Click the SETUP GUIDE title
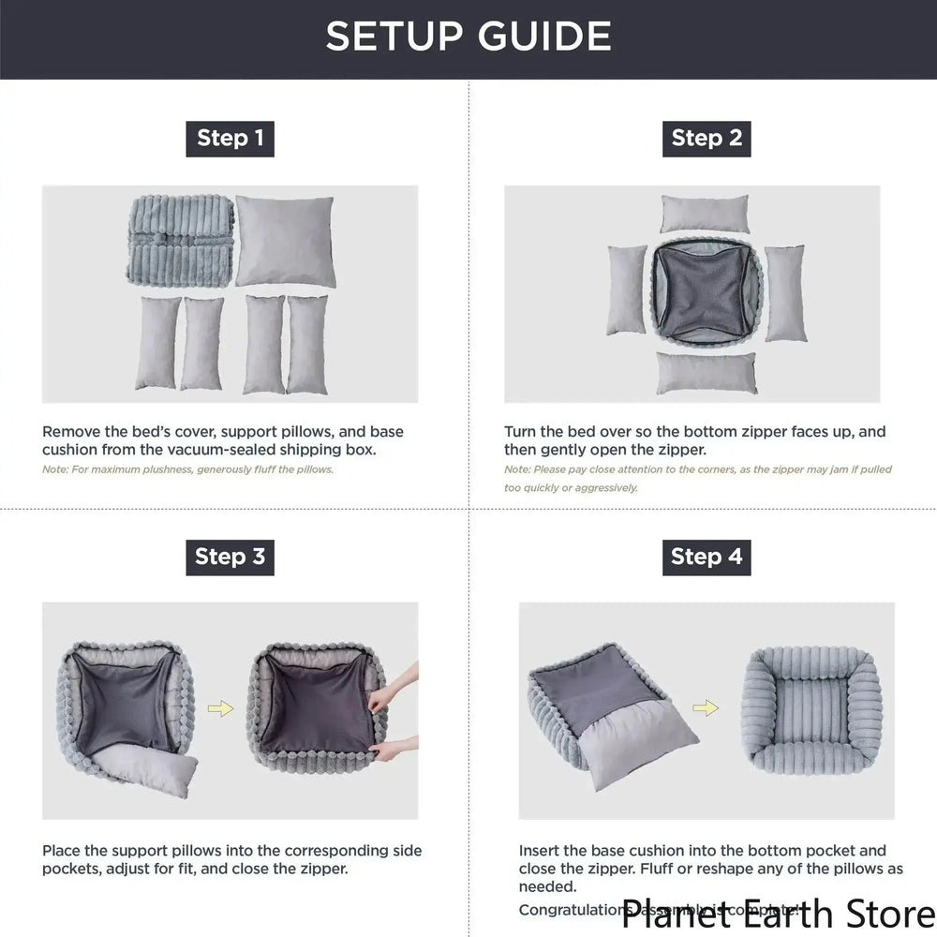pos(468,37)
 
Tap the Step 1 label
pos(230,139)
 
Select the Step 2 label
pos(706,139)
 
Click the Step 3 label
pos(230,557)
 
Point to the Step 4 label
pos(706,557)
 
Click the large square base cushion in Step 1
pos(285,240)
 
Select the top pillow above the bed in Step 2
pos(705,213)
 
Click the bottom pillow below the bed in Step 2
pos(706,372)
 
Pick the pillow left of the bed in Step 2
pos(626,290)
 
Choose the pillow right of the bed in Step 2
pos(784,292)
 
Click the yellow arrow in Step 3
pos(220,709)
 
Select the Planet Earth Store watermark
pos(778,911)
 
